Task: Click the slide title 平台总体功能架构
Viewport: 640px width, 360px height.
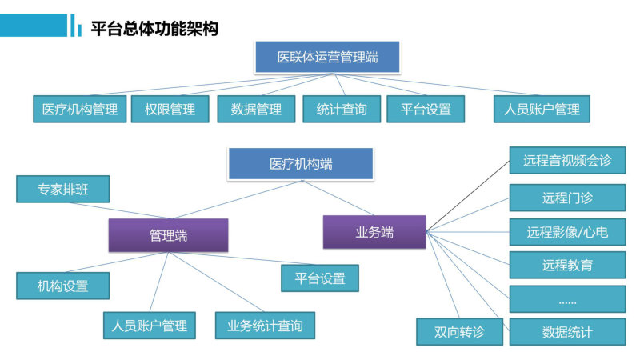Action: (x=154, y=29)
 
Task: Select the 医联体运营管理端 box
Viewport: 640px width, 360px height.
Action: (x=327, y=57)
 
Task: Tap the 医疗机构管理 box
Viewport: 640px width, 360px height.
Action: (x=79, y=109)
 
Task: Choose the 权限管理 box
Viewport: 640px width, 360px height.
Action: (x=170, y=109)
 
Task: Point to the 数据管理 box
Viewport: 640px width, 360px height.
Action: (x=256, y=109)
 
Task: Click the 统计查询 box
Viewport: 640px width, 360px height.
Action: (x=342, y=109)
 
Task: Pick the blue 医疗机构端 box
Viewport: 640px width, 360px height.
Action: (x=301, y=164)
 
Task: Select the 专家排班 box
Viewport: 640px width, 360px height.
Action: (x=63, y=189)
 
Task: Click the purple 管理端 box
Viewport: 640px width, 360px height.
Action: (x=168, y=235)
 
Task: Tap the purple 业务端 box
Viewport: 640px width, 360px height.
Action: (x=374, y=232)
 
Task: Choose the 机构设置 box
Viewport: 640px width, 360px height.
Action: (x=63, y=286)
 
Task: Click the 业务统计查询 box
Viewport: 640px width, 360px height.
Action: (x=265, y=326)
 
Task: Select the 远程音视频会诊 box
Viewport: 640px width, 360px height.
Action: (x=567, y=161)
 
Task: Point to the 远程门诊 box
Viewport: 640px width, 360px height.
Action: (x=567, y=198)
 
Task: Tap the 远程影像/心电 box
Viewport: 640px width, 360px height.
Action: (x=567, y=232)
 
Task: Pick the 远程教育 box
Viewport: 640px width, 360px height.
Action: (x=567, y=265)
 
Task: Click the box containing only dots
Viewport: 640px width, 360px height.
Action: (x=567, y=298)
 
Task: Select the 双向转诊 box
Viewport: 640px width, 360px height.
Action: (x=459, y=332)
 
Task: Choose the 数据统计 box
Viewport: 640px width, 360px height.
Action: (x=567, y=332)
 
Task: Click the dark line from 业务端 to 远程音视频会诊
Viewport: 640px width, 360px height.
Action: (x=468, y=196)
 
